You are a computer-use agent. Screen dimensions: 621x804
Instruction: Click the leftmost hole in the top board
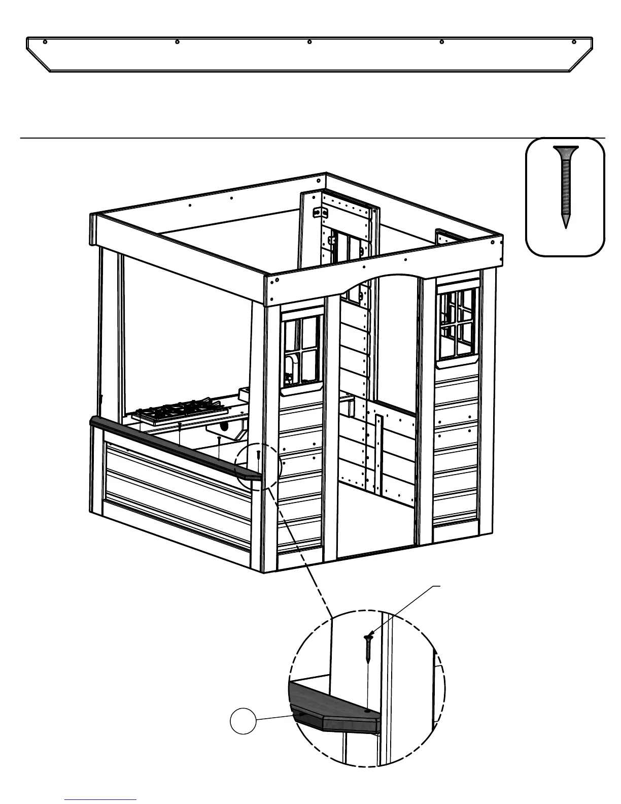coord(45,42)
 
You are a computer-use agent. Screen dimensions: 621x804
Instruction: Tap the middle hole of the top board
coord(309,42)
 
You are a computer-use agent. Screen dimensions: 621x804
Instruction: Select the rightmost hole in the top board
coord(574,42)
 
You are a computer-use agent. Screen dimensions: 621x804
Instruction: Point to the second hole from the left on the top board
coord(177,42)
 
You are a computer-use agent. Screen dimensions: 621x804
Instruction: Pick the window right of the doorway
coord(458,324)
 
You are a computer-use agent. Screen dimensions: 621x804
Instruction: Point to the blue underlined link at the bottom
coord(100,799)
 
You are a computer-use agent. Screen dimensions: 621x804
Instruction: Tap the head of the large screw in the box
coord(565,150)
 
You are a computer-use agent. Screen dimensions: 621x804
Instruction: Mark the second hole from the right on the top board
coord(442,42)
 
